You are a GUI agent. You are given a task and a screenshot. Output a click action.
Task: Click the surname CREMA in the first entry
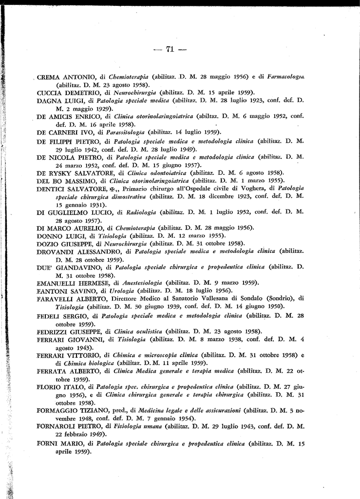point(49,77)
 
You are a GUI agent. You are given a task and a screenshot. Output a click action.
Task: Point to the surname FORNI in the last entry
point(48,444)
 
